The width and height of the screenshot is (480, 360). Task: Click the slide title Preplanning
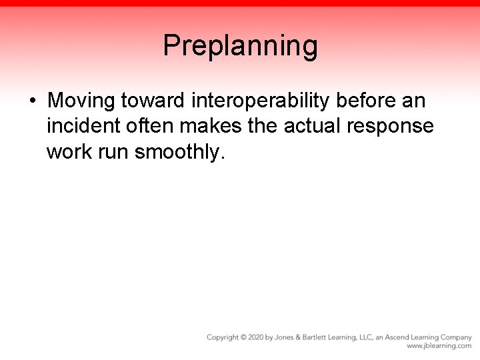240,46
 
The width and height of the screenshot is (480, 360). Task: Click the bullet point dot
32,102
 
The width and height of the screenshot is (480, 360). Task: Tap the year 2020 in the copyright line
255,337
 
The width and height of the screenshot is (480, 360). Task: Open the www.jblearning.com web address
439,346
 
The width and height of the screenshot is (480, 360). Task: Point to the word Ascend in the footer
399,337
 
